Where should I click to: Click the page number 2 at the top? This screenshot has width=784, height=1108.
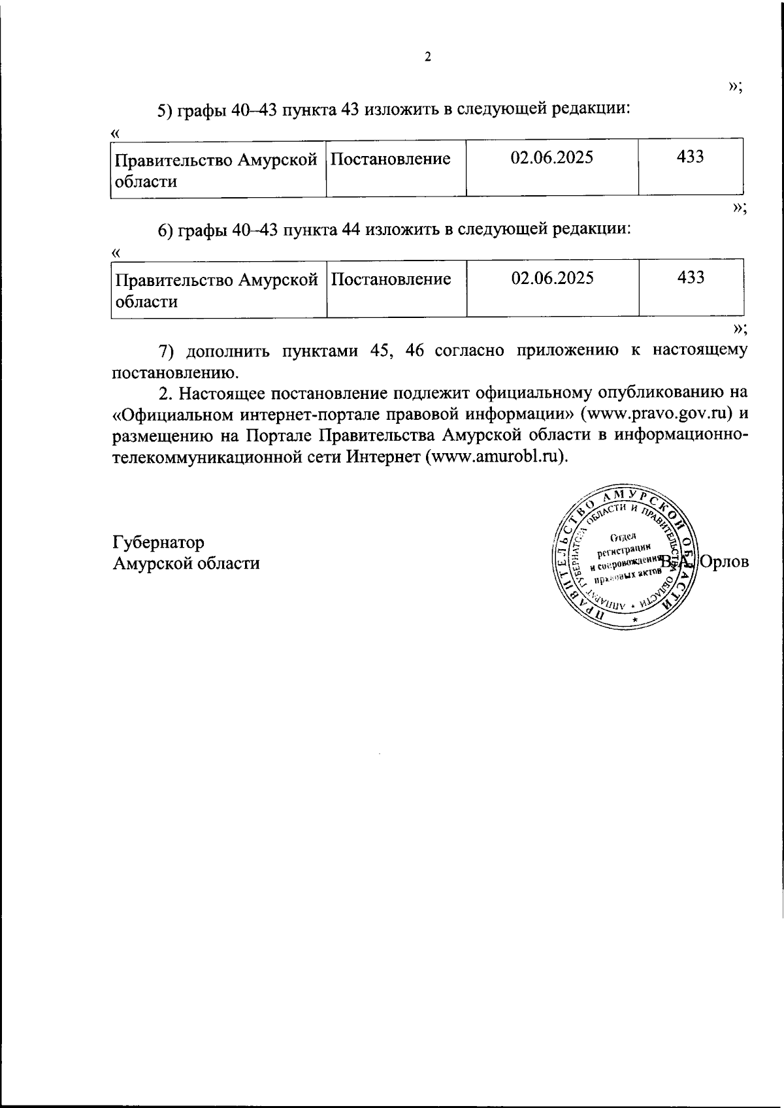pyautogui.click(x=428, y=57)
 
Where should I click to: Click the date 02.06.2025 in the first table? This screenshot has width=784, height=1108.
pyautogui.click(x=552, y=158)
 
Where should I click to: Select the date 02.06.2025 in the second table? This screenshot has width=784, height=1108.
pyautogui.click(x=552, y=279)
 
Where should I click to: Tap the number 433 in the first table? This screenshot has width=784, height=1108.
pyautogui.click(x=691, y=157)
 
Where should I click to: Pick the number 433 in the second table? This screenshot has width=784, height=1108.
pyautogui.click(x=691, y=278)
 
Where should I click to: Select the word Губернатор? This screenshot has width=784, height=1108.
pyautogui.click(x=158, y=543)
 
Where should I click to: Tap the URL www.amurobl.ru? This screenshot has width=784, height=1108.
pyautogui.click(x=496, y=456)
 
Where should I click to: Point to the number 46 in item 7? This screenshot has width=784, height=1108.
pyautogui.click(x=416, y=351)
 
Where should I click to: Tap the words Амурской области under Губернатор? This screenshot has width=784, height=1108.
pyautogui.click(x=186, y=563)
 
